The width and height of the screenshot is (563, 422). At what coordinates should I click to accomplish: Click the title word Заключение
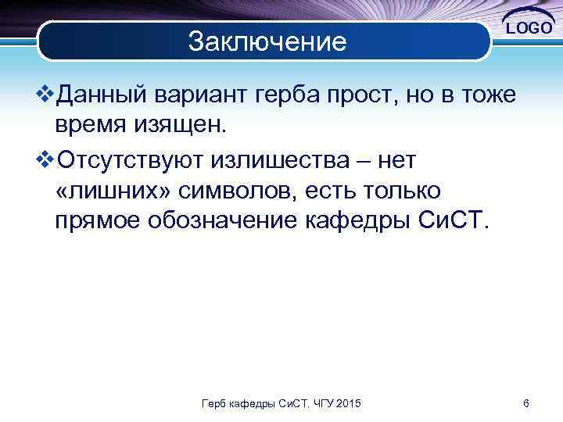point(267,41)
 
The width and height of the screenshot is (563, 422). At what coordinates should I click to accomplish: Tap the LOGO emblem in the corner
point(529,27)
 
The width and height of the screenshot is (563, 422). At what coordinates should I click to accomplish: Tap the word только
point(402,190)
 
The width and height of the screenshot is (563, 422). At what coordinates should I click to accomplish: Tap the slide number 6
point(526,403)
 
